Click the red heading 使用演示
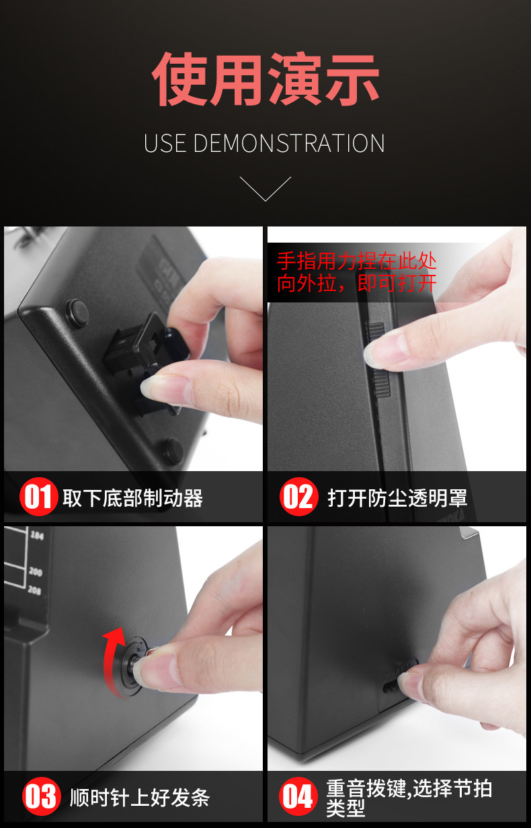(265, 79)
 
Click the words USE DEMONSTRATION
(264, 143)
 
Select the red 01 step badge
(39, 497)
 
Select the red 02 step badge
(299, 497)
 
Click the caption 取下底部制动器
(133, 498)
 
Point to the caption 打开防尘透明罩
(397, 498)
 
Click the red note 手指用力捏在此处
(357, 261)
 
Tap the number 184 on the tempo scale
(37, 535)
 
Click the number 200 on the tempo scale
(36, 572)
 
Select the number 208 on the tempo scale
(34, 590)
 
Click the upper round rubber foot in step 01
(78, 313)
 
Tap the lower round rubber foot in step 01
(172, 451)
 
